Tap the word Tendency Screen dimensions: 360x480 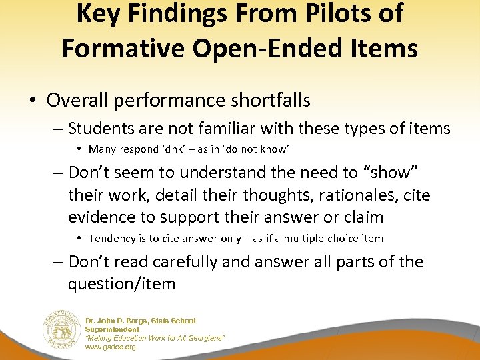[x=111, y=239]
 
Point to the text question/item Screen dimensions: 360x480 [x=121, y=284]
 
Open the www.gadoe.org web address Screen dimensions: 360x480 [x=110, y=347]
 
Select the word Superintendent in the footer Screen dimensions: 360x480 [x=112, y=329]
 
